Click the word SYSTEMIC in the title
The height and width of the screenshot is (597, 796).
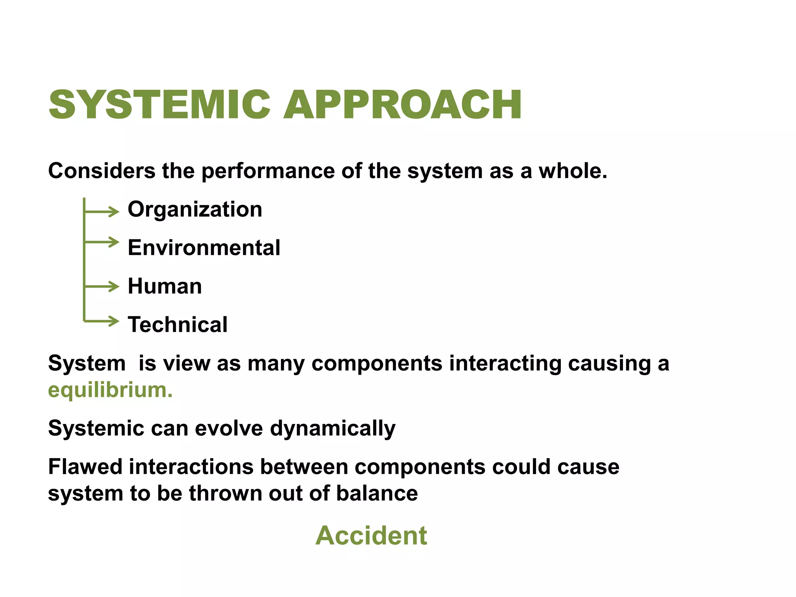159,105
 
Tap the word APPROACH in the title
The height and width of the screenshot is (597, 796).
403,105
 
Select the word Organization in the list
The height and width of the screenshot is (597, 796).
195,209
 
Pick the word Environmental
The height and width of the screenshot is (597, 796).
204,248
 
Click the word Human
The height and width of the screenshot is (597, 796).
165,286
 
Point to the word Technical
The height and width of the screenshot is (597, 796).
178,325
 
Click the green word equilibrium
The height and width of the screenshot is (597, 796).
110,390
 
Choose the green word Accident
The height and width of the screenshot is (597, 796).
371,536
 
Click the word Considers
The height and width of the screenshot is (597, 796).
101,171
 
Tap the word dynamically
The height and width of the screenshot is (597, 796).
333,429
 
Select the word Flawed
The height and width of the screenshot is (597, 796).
85,467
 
